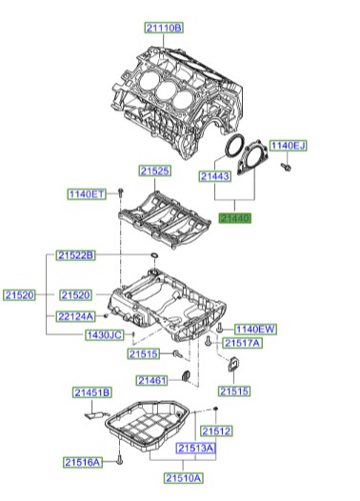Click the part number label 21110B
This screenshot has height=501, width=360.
click(165, 29)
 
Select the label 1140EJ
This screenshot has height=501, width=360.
click(288, 146)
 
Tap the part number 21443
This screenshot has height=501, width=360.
click(215, 176)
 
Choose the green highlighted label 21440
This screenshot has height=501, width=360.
click(235, 218)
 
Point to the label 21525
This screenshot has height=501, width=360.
click(155, 171)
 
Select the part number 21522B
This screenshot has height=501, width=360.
click(75, 256)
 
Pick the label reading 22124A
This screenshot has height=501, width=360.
click(75, 316)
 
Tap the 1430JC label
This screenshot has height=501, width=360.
click(102, 336)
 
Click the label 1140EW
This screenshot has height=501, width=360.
click(255, 329)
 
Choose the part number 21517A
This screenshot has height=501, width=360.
click(242, 343)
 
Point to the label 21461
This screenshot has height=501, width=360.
click(151, 381)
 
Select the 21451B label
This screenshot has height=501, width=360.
click(92, 392)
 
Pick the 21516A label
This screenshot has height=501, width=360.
click(83, 462)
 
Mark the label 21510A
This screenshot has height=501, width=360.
click(183, 477)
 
